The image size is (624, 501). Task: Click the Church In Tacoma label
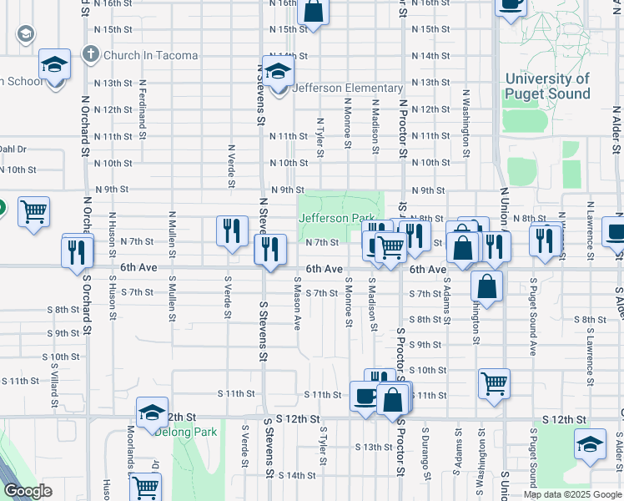(151, 56)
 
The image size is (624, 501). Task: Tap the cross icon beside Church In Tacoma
(91, 55)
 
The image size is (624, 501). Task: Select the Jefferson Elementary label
(348, 89)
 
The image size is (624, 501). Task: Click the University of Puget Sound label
(547, 86)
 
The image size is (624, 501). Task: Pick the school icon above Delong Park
(153, 412)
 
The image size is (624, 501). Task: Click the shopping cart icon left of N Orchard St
(34, 213)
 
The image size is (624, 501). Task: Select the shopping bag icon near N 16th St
(313, 12)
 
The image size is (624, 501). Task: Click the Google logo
(28, 491)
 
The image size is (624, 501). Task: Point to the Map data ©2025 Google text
(571, 494)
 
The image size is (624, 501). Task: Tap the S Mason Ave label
(297, 309)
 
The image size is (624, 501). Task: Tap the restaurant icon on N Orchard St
(77, 250)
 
